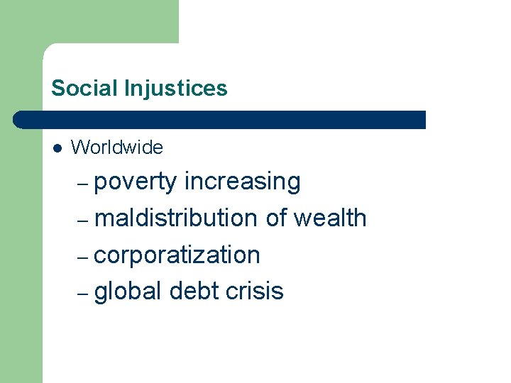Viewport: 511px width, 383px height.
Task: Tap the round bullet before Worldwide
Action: pos(57,148)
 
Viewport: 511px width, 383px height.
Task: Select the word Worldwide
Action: pos(117,148)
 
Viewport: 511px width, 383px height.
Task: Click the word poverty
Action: pos(135,182)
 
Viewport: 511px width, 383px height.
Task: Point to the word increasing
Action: pos(242,182)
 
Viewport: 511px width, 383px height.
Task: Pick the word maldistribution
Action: pos(175,218)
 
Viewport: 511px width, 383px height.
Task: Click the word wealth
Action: pos(330,218)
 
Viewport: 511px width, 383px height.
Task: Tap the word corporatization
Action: pos(177,255)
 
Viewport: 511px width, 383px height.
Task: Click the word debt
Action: pos(192,291)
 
